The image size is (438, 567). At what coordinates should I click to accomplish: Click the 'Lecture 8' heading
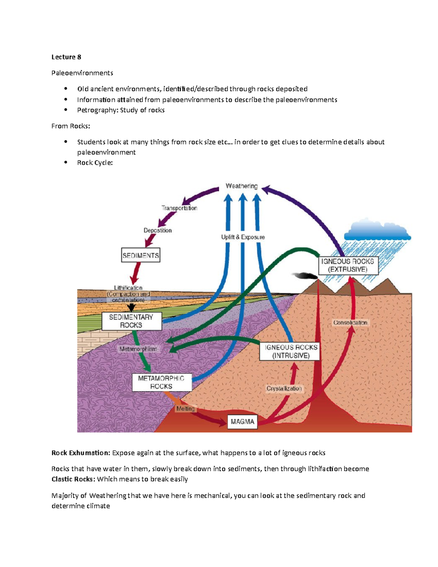[x=66, y=57]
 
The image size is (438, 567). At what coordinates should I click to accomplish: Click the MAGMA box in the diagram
[x=242, y=422]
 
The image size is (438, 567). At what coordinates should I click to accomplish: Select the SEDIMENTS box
[x=141, y=256]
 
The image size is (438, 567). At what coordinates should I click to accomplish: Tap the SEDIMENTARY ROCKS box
[x=131, y=321]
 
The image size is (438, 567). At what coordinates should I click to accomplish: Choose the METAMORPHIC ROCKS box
[x=161, y=382]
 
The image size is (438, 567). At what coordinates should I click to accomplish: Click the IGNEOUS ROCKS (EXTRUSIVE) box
[x=347, y=265]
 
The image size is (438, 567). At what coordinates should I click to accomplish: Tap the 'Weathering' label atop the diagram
[x=242, y=186]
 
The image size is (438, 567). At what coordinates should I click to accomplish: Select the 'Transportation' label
[x=179, y=208]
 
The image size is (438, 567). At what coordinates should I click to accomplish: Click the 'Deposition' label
[x=157, y=230]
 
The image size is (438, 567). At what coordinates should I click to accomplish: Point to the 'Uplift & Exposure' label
[x=243, y=237]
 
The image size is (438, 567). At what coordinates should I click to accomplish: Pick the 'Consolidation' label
[x=350, y=323]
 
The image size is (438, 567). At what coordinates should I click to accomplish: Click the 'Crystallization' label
[x=284, y=388]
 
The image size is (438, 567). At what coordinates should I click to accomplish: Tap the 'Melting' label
[x=185, y=409]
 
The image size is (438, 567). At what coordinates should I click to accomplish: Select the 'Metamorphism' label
[x=138, y=349]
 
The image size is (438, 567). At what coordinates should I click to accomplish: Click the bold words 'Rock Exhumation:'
[x=81, y=453]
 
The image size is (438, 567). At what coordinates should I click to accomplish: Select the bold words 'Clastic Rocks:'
[x=73, y=479]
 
